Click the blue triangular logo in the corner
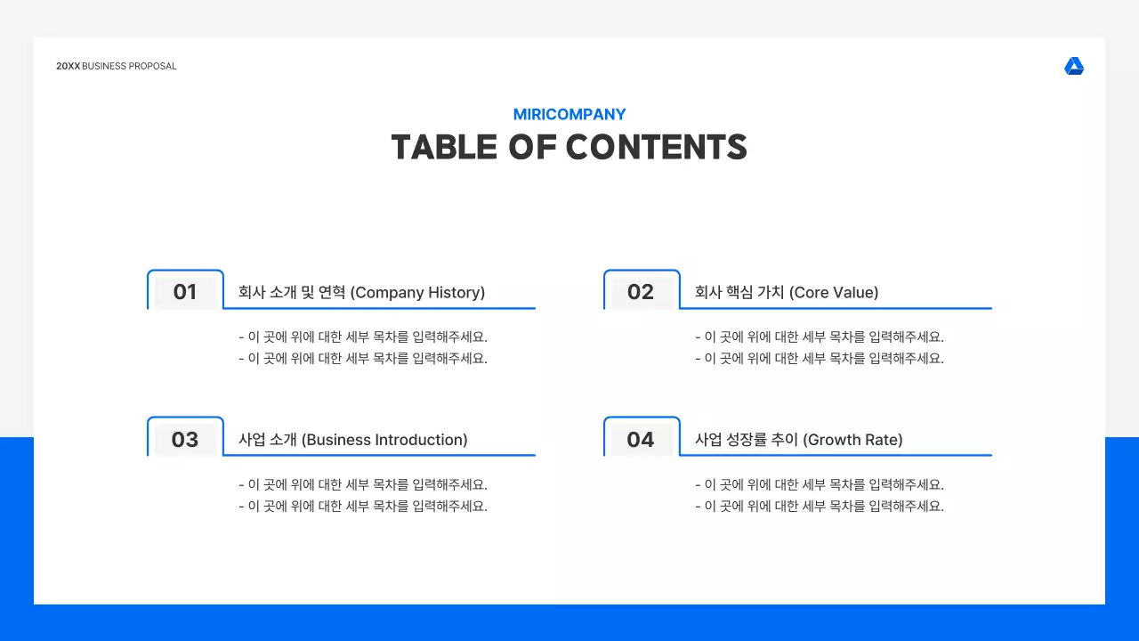pyautogui.click(x=1074, y=67)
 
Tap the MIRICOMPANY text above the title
pyautogui.click(x=569, y=115)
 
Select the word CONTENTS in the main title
pyautogui.click(x=656, y=148)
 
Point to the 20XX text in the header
pyautogui.click(x=68, y=67)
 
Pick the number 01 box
pyautogui.click(x=185, y=292)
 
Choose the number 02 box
pyautogui.click(x=641, y=292)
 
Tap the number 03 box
pyautogui.click(x=185, y=440)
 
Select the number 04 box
pyautogui.click(x=641, y=440)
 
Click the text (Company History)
pyautogui.click(x=417, y=293)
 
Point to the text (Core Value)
pyautogui.click(x=834, y=293)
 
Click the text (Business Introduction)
pyautogui.click(x=384, y=440)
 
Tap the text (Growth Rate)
pyautogui.click(x=852, y=440)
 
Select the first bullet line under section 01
pyautogui.click(x=363, y=337)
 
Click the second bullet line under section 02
pyautogui.click(x=819, y=359)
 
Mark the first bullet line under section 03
pyautogui.click(x=363, y=485)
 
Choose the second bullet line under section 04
pyautogui.click(x=819, y=507)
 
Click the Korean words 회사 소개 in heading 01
pyautogui.click(x=266, y=293)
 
